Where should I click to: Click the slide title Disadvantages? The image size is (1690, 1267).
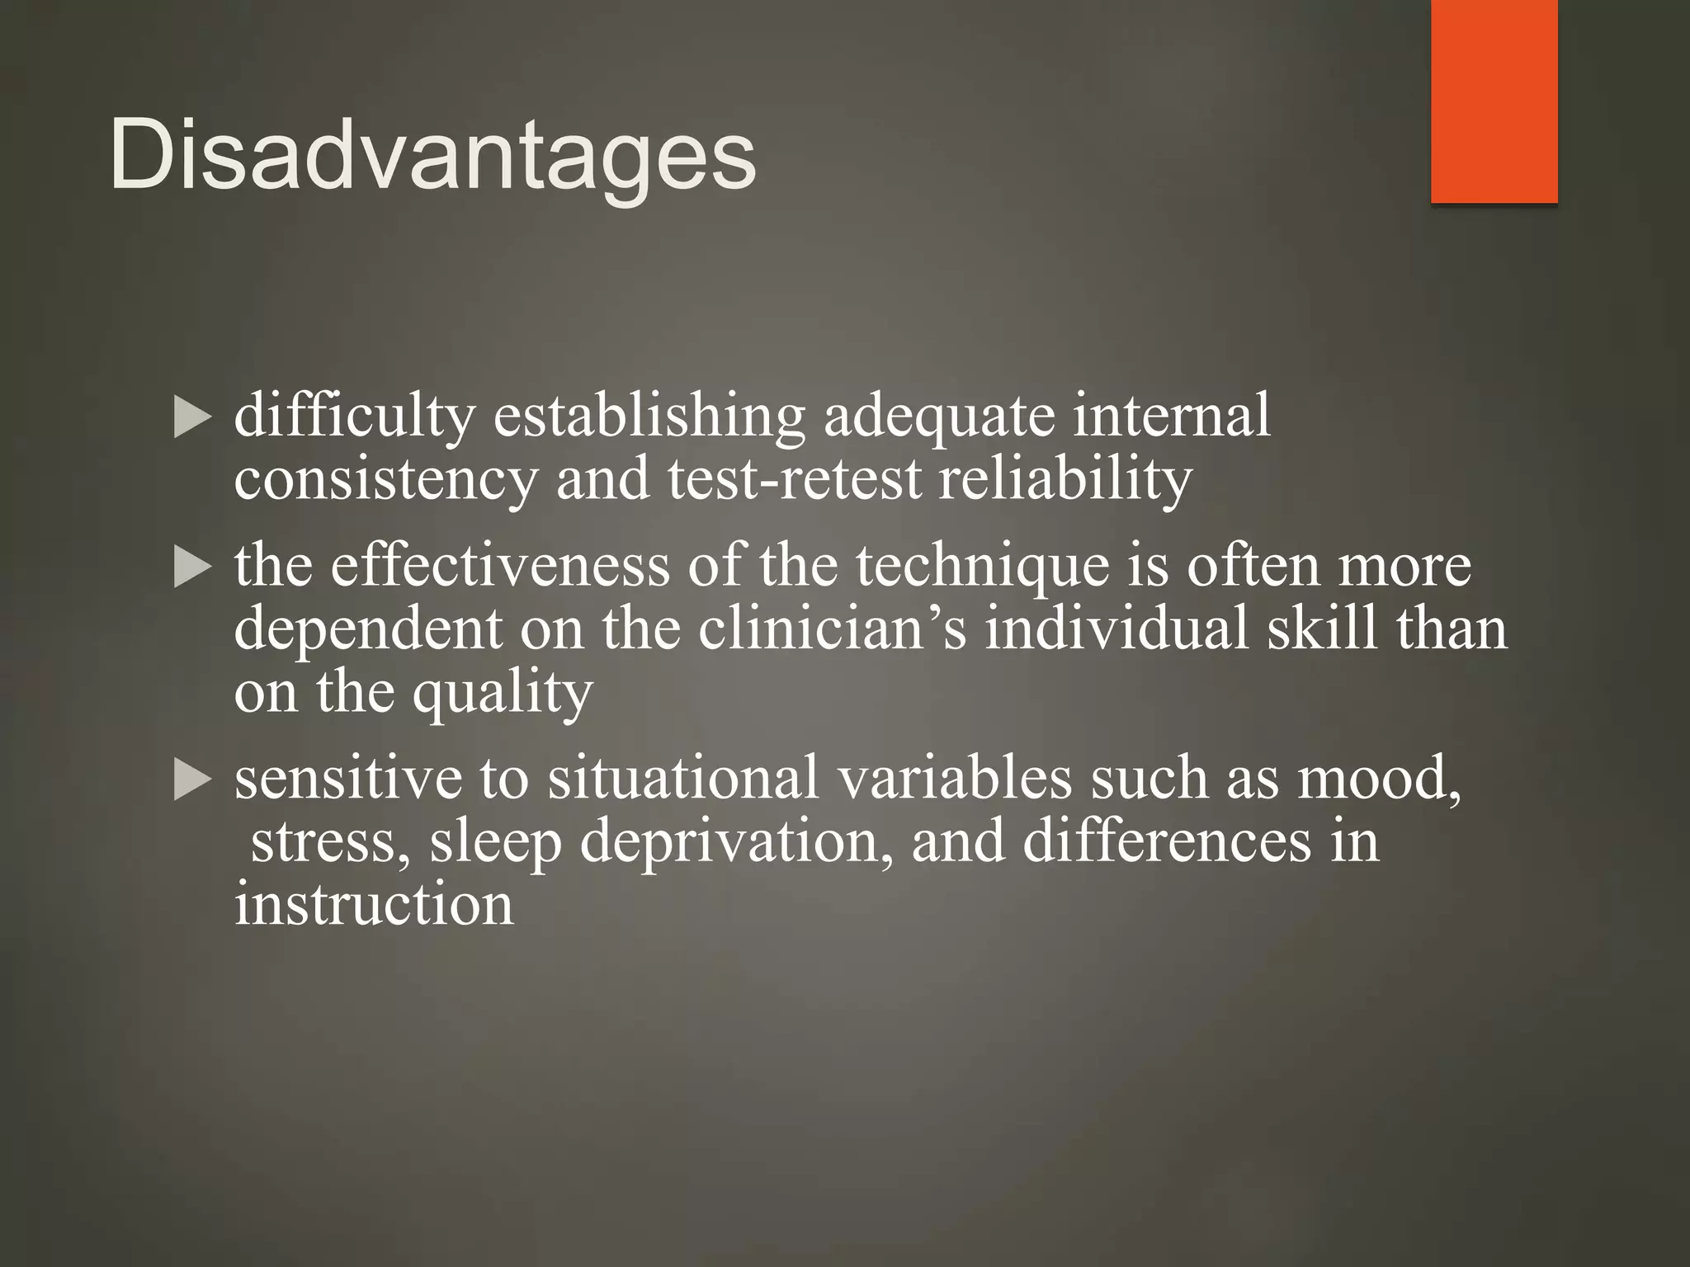(432, 155)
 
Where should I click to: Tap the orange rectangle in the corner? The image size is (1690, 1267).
(1494, 101)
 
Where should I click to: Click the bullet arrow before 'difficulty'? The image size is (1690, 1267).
(193, 418)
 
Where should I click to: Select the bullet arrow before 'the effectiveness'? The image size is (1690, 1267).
(193, 569)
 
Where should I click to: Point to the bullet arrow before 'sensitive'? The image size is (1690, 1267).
(193, 780)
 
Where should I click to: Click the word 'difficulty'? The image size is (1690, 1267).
(355, 416)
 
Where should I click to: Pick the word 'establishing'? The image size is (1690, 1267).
(649, 416)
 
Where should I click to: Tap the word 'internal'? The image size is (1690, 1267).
(1171, 416)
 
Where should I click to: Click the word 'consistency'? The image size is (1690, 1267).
(385, 480)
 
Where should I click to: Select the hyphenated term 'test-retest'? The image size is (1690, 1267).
(794, 480)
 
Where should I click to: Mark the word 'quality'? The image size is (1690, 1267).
(502, 693)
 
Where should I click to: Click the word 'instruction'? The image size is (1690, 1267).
(374, 904)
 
